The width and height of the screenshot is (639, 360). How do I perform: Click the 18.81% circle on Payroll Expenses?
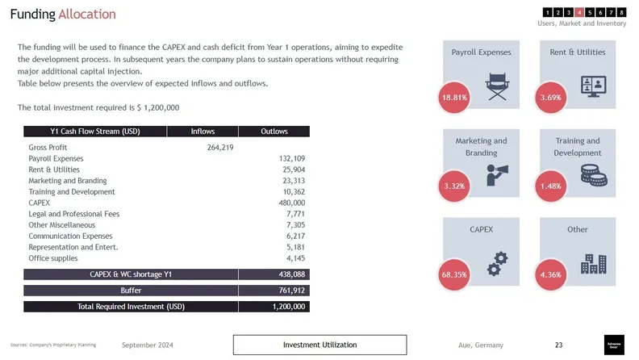(454, 98)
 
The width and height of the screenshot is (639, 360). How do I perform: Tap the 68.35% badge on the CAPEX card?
(454, 275)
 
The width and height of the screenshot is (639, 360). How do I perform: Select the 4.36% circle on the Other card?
(550, 275)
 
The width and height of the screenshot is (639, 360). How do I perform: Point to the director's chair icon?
(497, 86)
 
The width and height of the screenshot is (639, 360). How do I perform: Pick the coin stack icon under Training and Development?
(594, 174)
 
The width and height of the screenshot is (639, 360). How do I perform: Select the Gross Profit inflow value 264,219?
(220, 148)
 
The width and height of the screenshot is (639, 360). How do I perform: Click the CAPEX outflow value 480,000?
(290, 203)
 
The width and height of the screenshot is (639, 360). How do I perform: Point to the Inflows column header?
(203, 132)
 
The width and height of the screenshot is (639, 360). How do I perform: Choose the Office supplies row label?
(53, 258)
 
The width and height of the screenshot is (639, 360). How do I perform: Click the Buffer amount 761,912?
(290, 291)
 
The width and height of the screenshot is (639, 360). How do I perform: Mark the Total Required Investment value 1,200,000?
(289, 307)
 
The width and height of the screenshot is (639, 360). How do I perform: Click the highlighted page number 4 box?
(579, 12)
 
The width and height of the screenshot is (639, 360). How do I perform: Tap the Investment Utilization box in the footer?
(319, 345)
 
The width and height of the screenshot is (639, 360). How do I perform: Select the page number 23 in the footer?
(558, 345)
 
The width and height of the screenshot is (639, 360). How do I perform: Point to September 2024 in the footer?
(147, 345)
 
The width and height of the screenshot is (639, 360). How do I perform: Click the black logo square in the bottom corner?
(614, 345)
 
